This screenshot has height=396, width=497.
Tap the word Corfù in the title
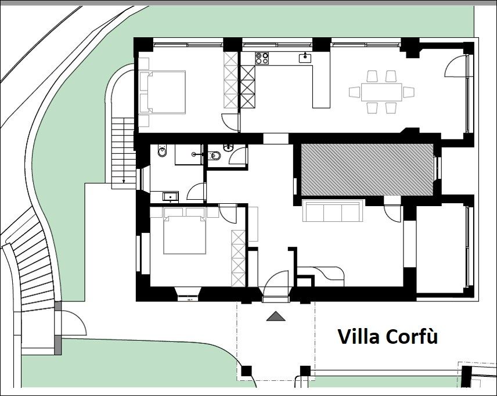412,336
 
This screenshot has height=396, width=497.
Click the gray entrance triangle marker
276,316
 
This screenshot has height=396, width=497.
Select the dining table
381,92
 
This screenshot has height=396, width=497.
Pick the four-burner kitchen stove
262,58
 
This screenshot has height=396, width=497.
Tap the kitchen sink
305,57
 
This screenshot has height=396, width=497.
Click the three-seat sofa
332,211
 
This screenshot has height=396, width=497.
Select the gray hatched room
367,170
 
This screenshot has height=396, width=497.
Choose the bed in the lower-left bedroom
185,231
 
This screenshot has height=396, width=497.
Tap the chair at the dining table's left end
355,92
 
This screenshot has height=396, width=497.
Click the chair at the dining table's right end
409,92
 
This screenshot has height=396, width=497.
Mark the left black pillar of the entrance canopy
246,371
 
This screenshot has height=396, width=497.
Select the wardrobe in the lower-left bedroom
239,259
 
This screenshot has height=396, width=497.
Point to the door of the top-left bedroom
230,122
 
